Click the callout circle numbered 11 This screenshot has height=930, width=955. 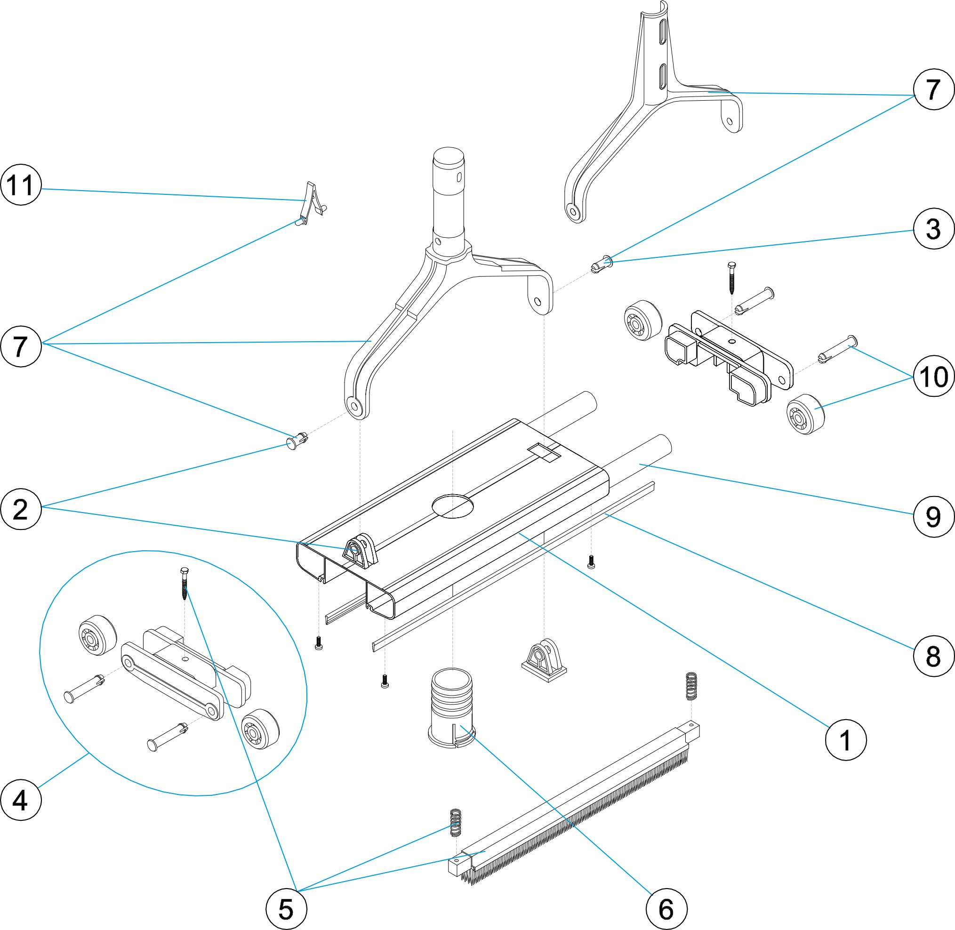(21, 185)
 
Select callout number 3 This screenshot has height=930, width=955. (933, 229)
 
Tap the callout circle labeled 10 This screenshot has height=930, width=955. (933, 376)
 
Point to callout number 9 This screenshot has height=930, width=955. (933, 517)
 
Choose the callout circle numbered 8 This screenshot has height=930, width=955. (933, 656)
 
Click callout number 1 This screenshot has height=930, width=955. (846, 740)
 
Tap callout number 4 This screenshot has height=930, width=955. (21, 800)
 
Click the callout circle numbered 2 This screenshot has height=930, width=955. (21, 509)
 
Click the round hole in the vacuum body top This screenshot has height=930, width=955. (453, 505)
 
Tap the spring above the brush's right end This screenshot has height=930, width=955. (691, 686)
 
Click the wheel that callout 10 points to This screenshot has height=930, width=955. (805, 414)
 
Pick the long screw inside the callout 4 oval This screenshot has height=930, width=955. (184, 584)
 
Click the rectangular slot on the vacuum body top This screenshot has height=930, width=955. (544, 453)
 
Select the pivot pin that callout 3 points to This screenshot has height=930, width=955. (602, 264)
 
